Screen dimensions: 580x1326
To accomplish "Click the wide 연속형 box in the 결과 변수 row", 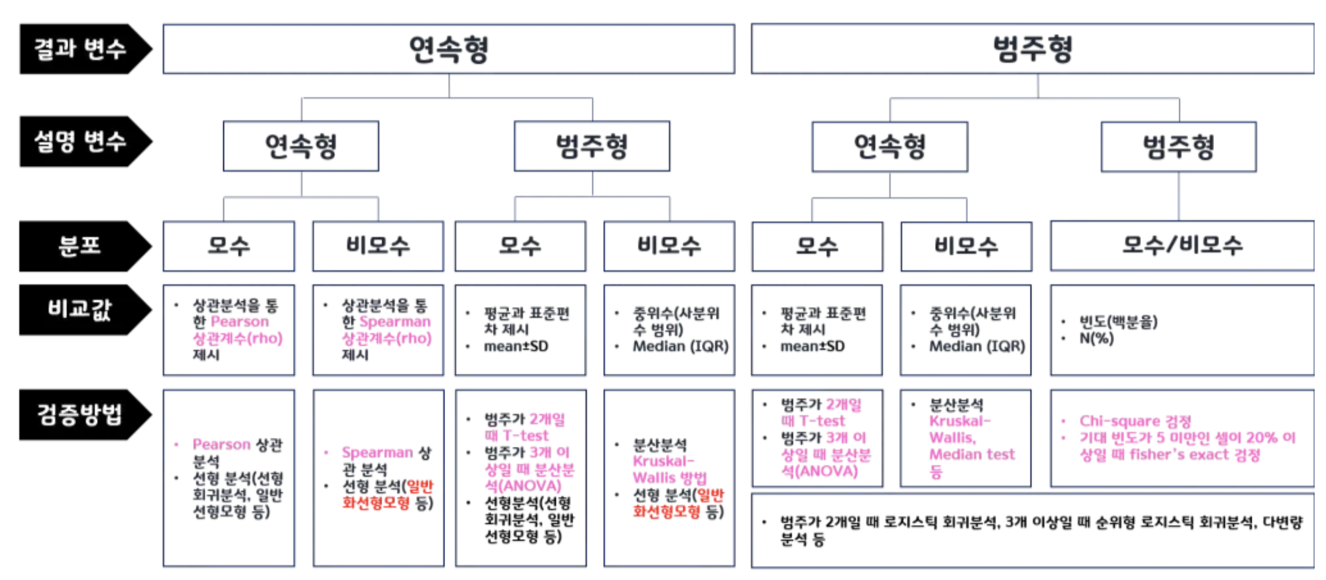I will point(449,49).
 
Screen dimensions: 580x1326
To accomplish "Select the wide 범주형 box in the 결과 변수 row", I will point(1033,49).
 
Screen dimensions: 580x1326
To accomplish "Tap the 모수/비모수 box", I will point(1182,246).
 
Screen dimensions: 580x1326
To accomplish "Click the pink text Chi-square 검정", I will point(1135,421).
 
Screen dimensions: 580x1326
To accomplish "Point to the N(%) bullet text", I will point(1096,339).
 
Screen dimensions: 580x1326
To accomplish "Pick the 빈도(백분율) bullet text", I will point(1118,322).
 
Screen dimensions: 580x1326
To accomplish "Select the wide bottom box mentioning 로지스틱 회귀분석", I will point(1033,531).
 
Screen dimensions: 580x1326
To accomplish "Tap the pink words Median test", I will point(971,455).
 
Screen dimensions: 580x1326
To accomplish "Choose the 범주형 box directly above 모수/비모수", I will point(1178,147).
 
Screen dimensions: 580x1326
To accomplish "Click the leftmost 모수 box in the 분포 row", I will point(228,246).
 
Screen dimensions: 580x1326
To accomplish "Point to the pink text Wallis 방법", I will point(670,478).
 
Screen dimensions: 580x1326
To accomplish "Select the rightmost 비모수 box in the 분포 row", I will point(966,246).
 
